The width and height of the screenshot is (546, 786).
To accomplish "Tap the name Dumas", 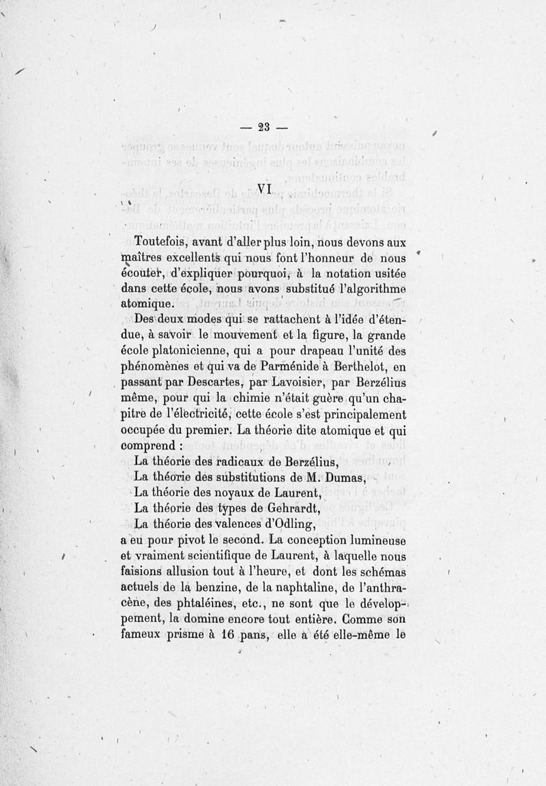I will pos(343,476).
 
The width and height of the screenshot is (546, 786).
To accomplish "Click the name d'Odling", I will pos(283,524).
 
